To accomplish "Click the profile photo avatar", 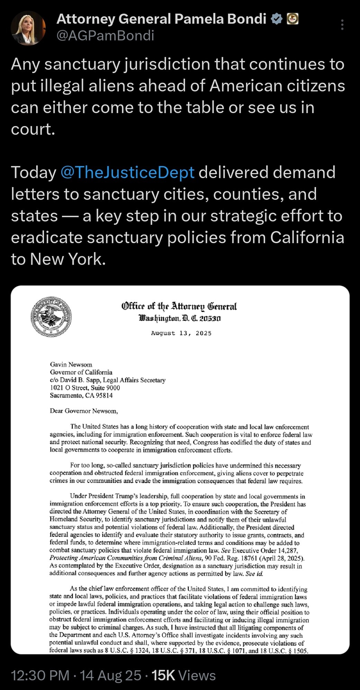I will [28, 28].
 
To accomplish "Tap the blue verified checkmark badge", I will [276, 19].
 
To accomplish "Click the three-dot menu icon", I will [342, 25].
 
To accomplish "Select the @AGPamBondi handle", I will [105, 36].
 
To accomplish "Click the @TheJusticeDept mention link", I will [127, 172].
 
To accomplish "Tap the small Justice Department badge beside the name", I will [292, 19].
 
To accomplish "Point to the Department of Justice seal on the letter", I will [51, 317].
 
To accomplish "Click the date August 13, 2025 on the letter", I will [181, 333].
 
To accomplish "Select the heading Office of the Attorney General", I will [179, 306].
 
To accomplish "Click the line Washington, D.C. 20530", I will [180, 318].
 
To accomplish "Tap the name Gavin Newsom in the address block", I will [71, 364].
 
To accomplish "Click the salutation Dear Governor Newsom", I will [84, 411].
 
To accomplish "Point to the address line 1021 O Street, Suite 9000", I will [85, 388].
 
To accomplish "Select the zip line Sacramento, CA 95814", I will [81, 395].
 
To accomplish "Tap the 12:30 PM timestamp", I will [40, 675].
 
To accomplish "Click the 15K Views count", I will [183, 675].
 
